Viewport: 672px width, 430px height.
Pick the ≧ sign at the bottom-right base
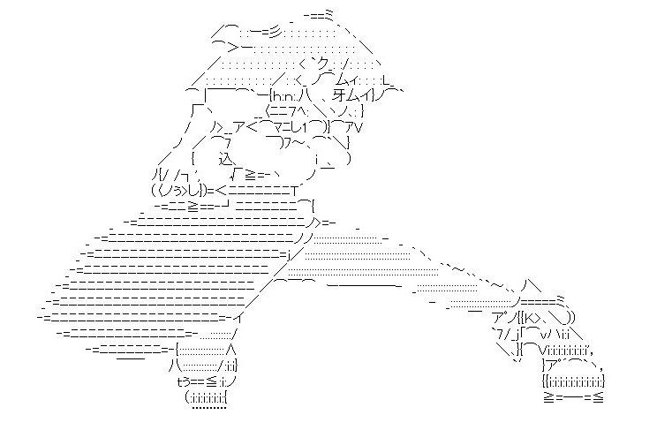click(x=548, y=396)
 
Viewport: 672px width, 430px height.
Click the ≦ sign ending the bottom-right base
click(x=598, y=396)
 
